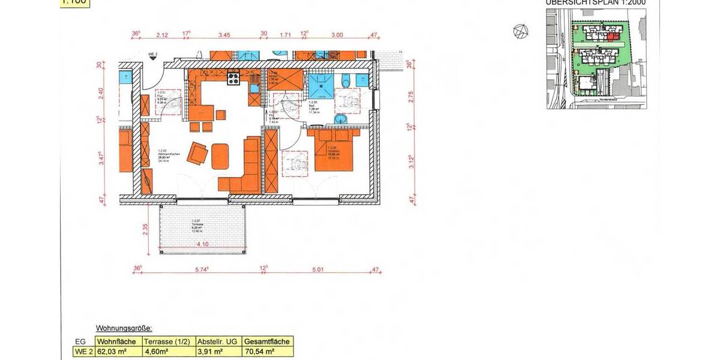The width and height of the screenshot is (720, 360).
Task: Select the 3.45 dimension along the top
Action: [x=224, y=35]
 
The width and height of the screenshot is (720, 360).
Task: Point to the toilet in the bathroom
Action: [x=344, y=81]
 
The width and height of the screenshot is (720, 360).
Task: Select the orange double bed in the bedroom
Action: [x=334, y=152]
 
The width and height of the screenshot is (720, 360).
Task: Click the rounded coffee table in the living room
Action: [x=221, y=156]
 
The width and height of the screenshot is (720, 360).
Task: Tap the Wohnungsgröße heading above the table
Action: [x=124, y=329]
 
